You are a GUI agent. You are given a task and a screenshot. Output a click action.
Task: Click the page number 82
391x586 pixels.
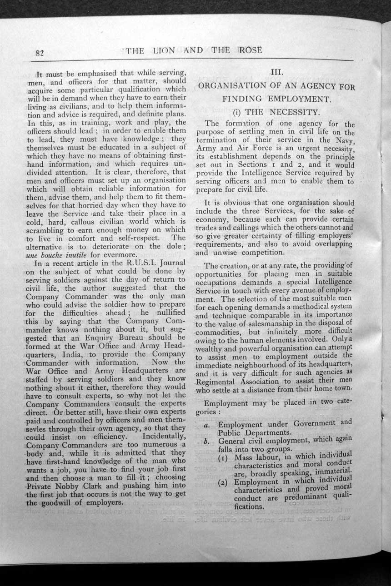pyautogui.click(x=39, y=53)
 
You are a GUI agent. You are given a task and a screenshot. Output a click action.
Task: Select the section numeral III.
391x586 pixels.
pyautogui.click(x=277, y=72)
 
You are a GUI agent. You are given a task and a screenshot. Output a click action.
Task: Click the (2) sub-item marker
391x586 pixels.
pyautogui.click(x=225, y=482)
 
